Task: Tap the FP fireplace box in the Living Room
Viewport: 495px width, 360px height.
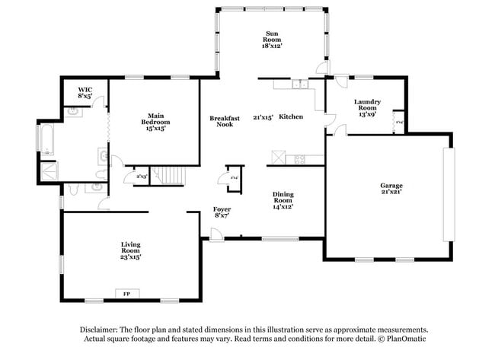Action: (x=126, y=292)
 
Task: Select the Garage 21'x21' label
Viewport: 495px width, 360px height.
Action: (x=391, y=190)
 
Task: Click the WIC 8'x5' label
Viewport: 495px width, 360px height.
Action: (x=85, y=93)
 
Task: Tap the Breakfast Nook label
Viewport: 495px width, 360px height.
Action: (x=225, y=121)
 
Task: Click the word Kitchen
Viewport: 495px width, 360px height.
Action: (x=291, y=116)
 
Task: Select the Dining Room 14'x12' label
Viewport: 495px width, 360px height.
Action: (x=283, y=199)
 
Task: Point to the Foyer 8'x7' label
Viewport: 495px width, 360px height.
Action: (x=222, y=212)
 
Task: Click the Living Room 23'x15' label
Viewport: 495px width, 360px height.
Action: (x=130, y=250)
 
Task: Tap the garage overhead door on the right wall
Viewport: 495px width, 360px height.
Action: (x=448, y=194)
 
